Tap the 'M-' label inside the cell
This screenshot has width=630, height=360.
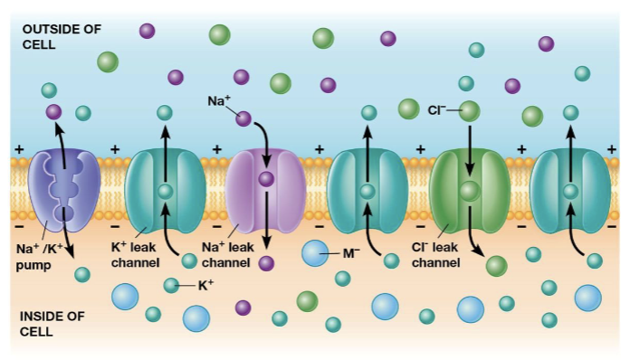[351, 253]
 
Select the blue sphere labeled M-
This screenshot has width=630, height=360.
[316, 253]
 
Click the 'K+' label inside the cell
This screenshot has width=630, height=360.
[205, 285]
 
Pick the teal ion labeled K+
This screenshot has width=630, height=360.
[171, 286]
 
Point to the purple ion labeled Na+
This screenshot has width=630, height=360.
[243, 118]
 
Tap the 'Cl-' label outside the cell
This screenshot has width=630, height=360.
[440, 110]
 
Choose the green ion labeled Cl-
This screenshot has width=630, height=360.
[469, 111]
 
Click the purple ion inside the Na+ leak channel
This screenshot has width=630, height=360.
[265, 179]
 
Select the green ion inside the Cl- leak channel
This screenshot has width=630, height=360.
[469, 191]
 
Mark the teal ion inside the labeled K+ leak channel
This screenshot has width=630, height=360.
[164, 191]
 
